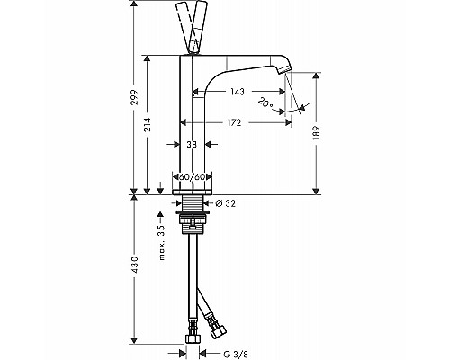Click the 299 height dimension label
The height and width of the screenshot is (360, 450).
(x=135, y=97)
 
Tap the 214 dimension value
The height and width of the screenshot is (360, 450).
(x=148, y=125)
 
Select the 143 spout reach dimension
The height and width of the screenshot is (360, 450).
(x=238, y=92)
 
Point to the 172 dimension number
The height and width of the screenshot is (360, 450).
(x=234, y=122)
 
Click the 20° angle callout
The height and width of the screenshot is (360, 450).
(x=265, y=103)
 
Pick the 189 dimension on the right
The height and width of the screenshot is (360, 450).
(x=317, y=133)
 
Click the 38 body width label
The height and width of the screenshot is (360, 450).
(x=192, y=145)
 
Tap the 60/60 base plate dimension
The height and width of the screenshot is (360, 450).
(x=192, y=177)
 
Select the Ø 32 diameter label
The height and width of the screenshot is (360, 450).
(x=226, y=203)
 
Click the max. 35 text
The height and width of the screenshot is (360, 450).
(x=162, y=242)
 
